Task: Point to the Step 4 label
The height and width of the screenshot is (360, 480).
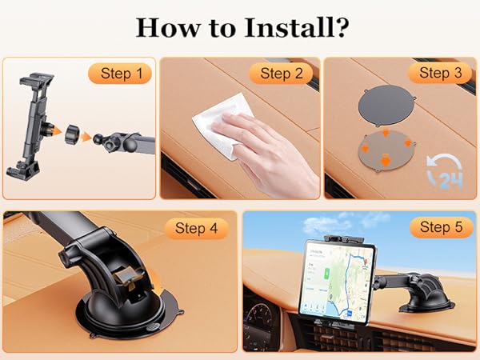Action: (x=196, y=228)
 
